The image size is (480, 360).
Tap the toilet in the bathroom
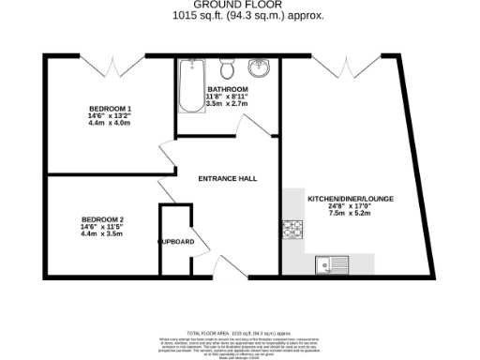(226, 69)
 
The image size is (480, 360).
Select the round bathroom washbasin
(258, 68)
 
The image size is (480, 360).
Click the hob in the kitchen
(291, 229)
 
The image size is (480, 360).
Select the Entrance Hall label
(227, 178)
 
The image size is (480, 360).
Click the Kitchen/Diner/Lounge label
(351, 198)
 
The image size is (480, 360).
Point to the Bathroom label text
(228, 89)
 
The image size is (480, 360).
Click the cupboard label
(176, 243)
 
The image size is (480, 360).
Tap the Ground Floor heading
(239, 6)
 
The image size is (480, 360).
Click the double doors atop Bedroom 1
(116, 65)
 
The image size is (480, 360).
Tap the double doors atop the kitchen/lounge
(350, 65)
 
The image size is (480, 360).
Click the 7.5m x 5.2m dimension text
(351, 214)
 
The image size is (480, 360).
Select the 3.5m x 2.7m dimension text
(228, 104)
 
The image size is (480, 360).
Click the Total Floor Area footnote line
(240, 333)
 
